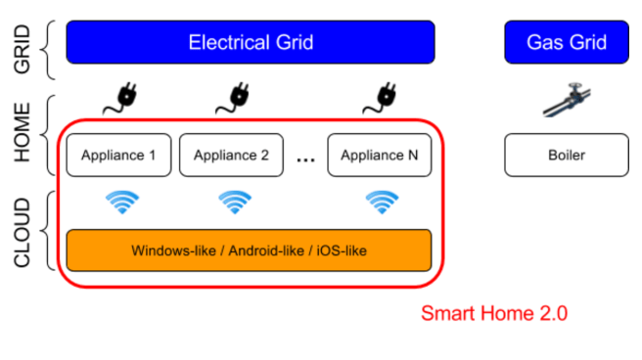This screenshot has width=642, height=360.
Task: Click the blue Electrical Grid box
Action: pos(250,43)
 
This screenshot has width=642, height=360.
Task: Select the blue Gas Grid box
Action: pos(566,43)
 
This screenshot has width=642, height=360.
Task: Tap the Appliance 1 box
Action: pos(119,155)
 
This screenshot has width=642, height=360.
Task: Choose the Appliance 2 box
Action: pos(232,155)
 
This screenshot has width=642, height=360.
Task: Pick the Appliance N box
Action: pos(379,155)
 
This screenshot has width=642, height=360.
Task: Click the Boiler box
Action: pos(566,155)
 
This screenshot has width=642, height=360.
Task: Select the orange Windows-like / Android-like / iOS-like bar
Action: pos(250,250)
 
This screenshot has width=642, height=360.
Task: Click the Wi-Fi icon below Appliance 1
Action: pos(121,202)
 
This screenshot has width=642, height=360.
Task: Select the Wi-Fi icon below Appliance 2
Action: pos(234,202)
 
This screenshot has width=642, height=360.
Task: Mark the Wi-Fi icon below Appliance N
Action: pos(381,202)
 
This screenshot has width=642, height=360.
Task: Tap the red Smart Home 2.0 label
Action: pos(493,314)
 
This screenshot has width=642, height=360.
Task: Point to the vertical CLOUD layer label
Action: pos(24,232)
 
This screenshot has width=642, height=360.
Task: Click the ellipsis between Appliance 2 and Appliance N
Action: pos(305,159)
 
